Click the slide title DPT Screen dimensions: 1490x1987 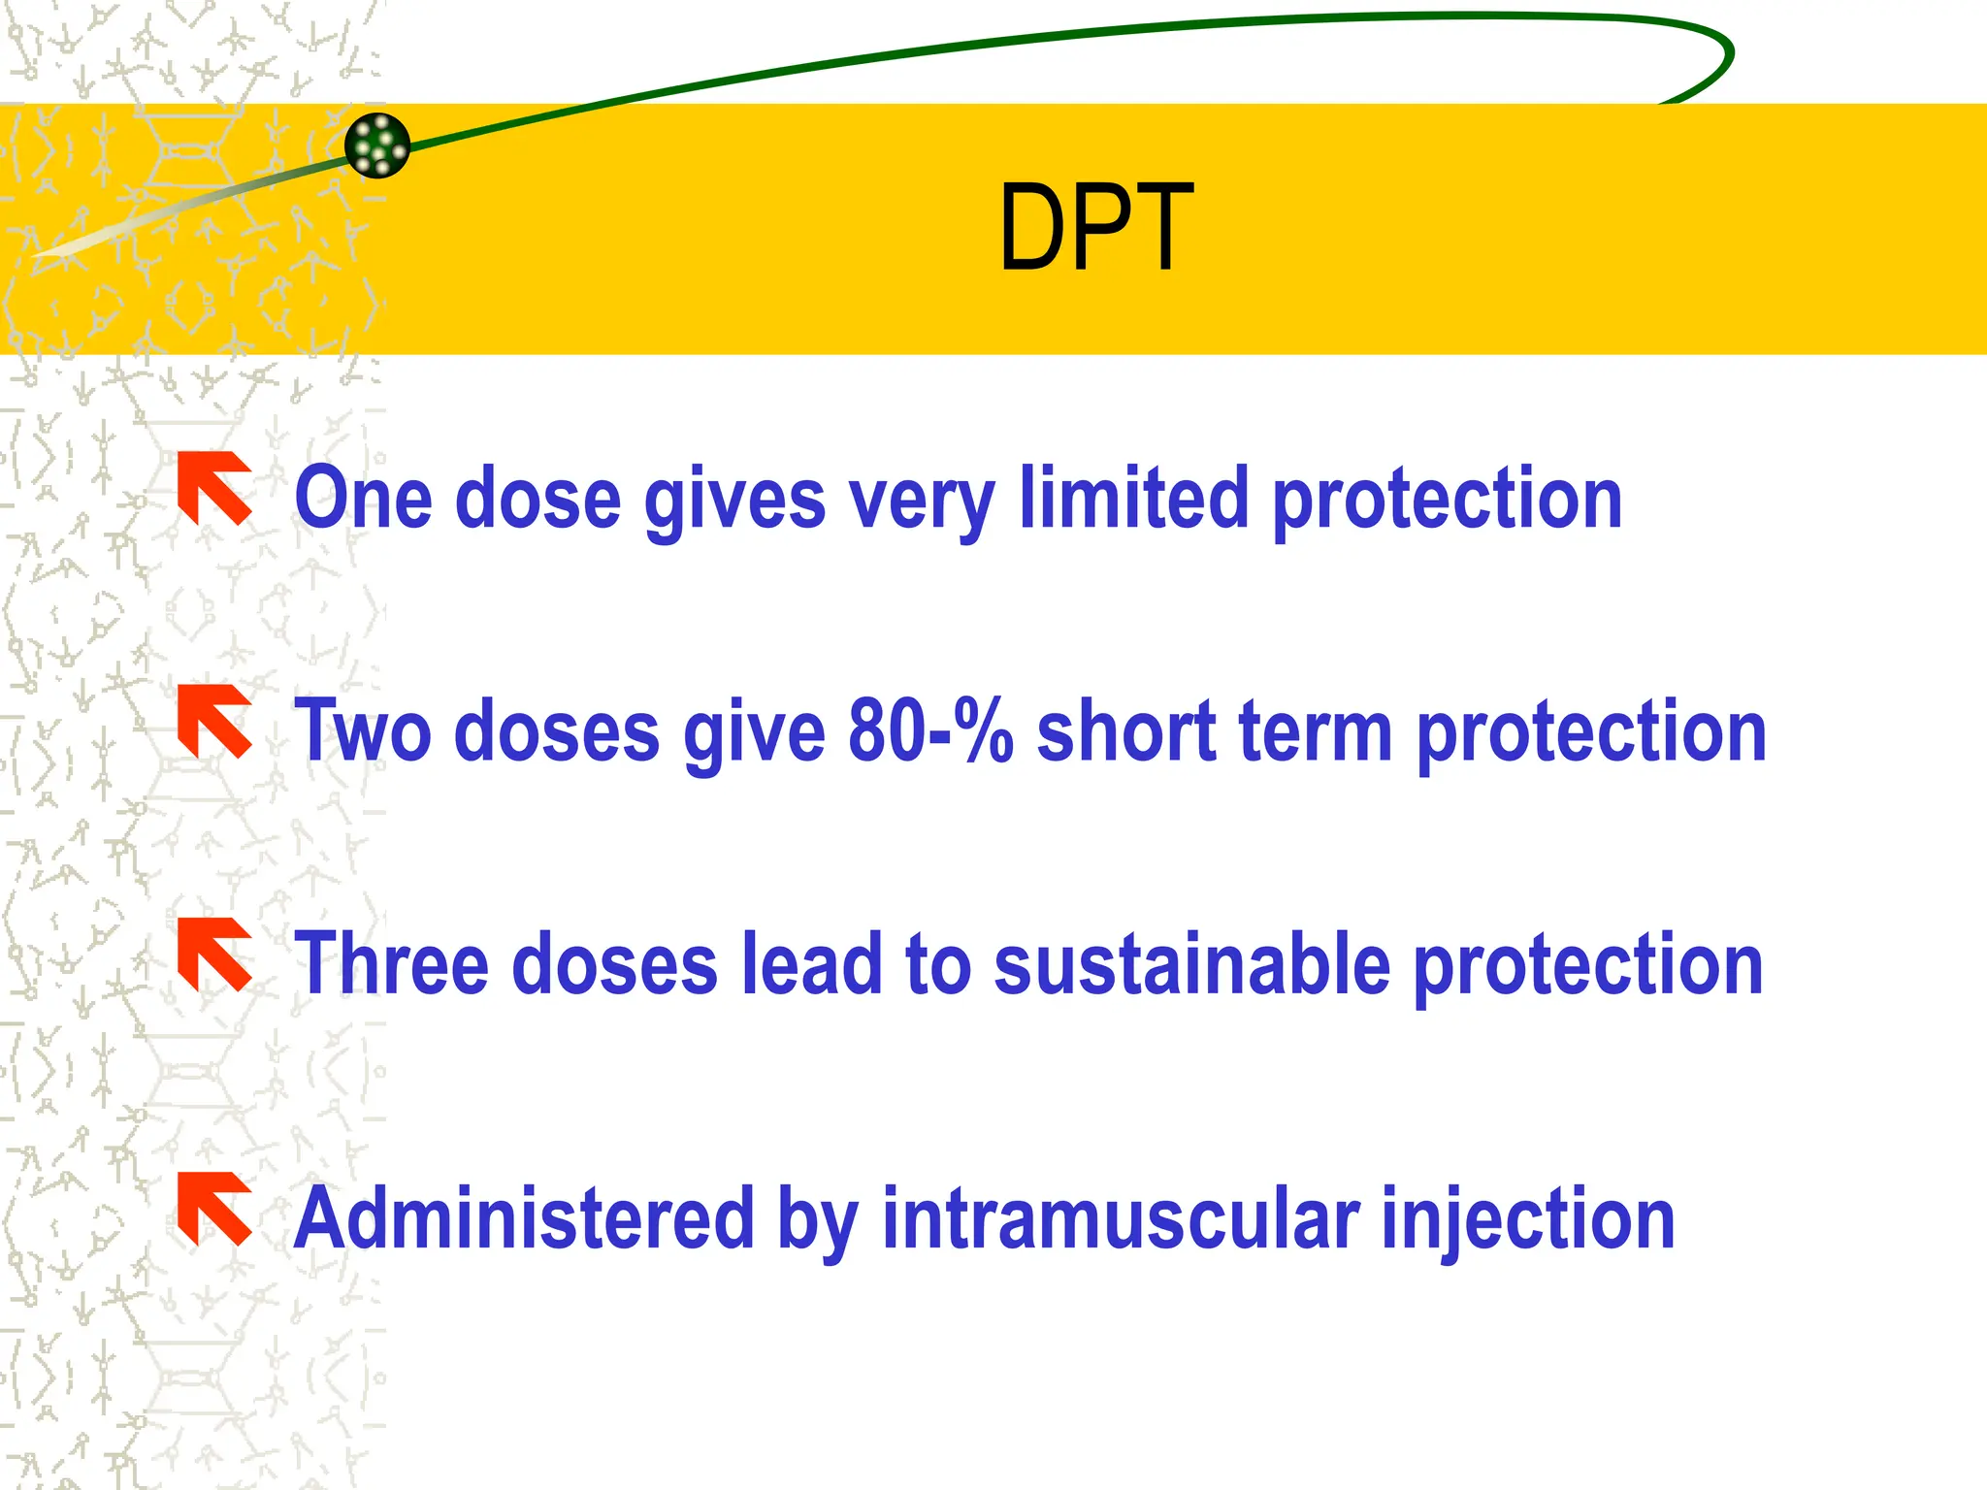1095,229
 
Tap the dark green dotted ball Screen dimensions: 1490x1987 377,146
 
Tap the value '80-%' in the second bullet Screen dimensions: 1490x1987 930,731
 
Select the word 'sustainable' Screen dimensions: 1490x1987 1192,964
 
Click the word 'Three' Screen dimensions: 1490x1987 391,964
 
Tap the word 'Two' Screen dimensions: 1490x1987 362,731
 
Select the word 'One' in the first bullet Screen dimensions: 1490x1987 363,500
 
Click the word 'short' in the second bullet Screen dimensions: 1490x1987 1126,731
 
